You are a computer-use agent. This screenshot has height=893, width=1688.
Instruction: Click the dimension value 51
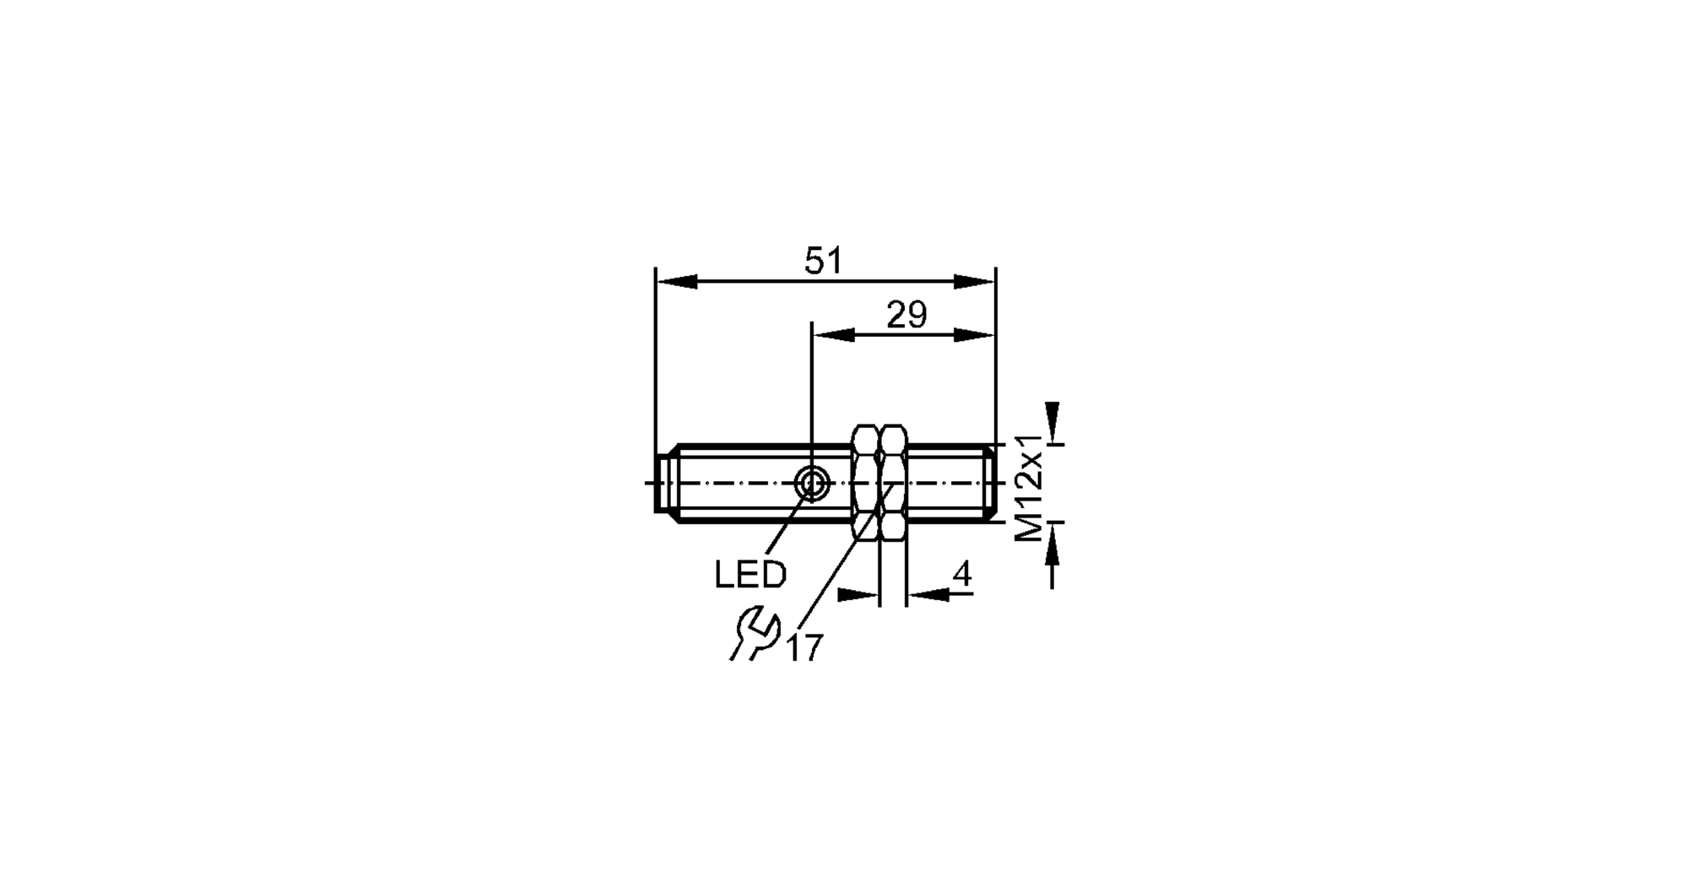(823, 262)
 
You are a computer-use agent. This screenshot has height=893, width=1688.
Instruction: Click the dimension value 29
(906, 316)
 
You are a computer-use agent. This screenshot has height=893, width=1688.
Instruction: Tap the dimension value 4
(962, 576)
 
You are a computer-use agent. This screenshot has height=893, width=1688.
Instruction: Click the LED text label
(750, 576)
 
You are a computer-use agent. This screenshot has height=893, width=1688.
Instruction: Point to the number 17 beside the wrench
(804, 648)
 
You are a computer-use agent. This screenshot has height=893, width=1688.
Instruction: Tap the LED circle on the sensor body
(814, 484)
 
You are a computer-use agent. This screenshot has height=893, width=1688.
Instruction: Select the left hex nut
(865, 483)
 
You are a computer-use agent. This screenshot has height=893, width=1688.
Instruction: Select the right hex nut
(893, 483)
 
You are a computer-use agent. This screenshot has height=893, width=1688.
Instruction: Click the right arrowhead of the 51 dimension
(975, 281)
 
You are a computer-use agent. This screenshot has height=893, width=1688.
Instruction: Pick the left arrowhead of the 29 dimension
(834, 335)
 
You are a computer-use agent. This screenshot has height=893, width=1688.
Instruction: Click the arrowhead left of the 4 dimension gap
(858, 595)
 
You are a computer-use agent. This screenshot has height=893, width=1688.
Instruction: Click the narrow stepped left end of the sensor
(662, 484)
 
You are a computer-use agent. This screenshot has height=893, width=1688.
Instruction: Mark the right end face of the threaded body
(993, 484)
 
